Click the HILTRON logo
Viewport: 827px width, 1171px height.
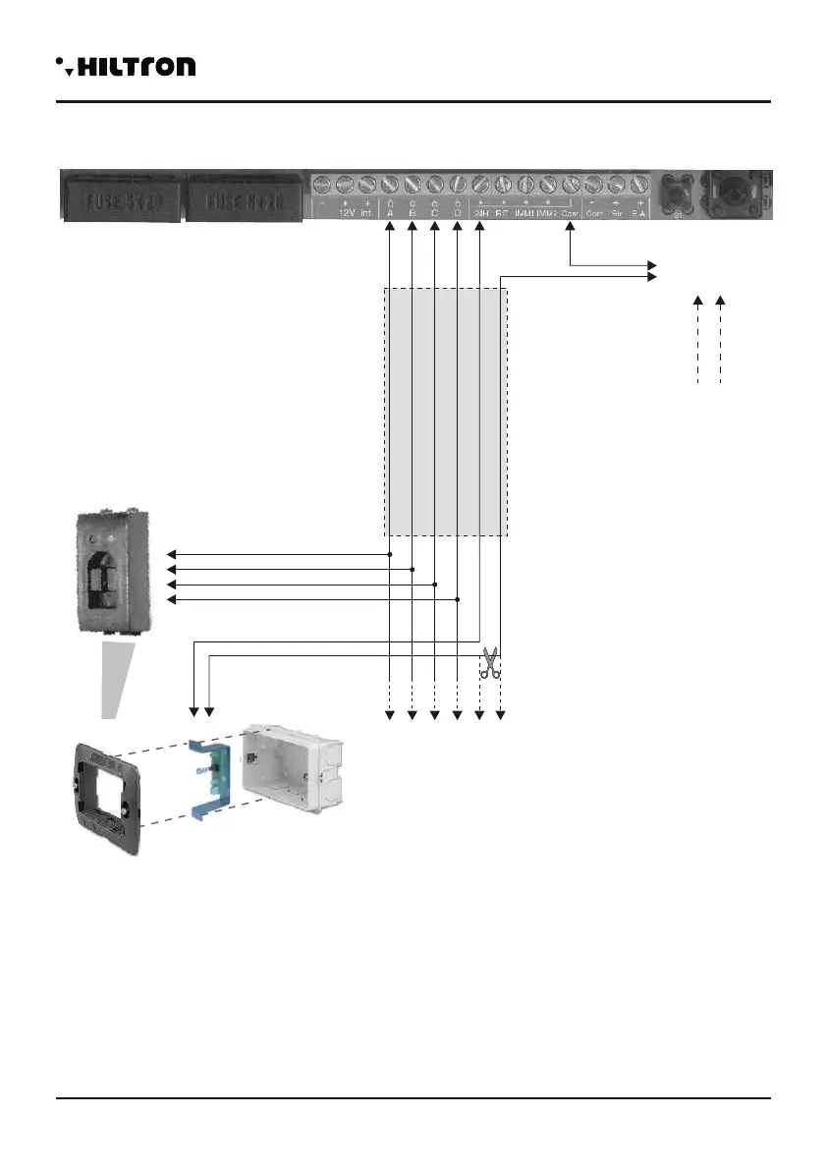(126, 67)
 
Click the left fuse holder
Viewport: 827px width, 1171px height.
(121, 196)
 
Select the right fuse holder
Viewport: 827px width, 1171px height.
(244, 196)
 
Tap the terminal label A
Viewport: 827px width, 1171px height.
(390, 212)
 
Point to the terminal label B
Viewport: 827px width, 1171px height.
(412, 212)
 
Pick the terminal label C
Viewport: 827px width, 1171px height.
(434, 212)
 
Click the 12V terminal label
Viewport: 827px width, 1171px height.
(345, 212)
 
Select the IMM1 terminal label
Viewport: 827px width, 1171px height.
(525, 212)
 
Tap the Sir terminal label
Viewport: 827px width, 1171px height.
(617, 212)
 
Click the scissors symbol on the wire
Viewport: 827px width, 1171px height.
(489, 663)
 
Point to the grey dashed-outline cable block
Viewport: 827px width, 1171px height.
(445, 413)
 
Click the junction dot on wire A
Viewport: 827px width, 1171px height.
(390, 554)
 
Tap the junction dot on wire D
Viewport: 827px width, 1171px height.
(457, 598)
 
